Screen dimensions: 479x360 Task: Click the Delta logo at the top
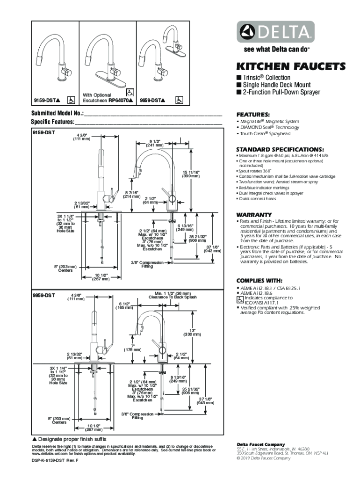coord(275,33)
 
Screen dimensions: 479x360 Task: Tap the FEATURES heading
coord(252,115)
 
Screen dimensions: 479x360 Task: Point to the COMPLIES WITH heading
coord(260,281)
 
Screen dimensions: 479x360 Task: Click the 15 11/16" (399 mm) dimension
coord(191,174)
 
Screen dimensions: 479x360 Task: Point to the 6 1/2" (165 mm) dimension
coord(124,305)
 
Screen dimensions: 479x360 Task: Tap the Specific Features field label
coord(53,122)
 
